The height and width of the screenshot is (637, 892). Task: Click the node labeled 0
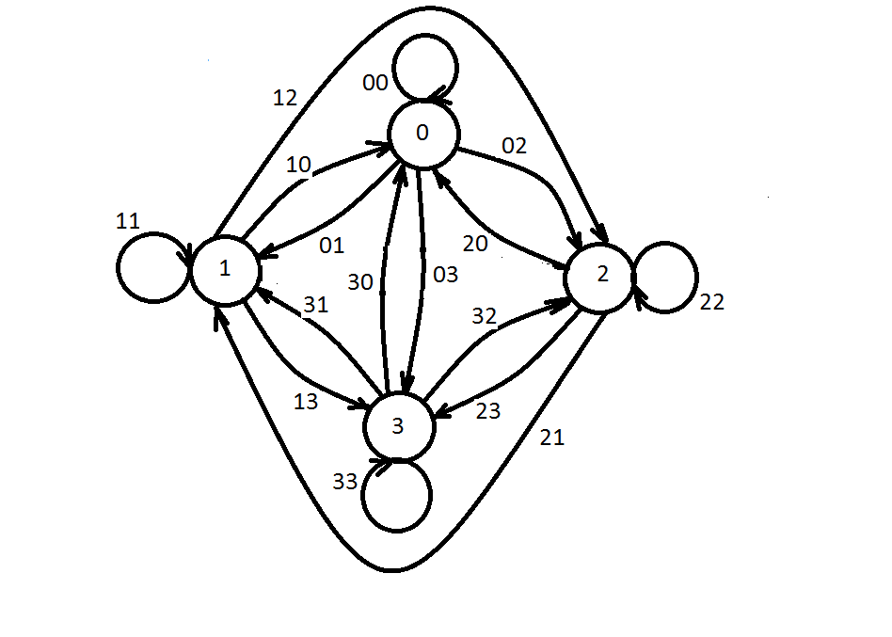[422, 133]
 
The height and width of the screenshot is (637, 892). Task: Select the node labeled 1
[225, 269]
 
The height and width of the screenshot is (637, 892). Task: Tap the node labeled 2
[600, 275]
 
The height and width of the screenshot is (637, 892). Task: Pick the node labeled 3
[398, 426]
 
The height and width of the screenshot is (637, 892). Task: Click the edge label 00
[375, 84]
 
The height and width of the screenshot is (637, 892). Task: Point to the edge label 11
[128, 222]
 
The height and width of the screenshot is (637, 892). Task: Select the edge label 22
[712, 302]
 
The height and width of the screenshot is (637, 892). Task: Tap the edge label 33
[345, 481]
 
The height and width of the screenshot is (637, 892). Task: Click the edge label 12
[286, 97]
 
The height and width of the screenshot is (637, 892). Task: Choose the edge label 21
[552, 438]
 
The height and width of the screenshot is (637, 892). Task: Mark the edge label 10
[298, 165]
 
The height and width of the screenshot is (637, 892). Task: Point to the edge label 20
[476, 244]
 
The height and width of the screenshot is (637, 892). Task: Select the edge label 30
[361, 281]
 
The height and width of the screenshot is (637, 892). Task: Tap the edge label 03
[444, 275]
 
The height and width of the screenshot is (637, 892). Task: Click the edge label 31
[315, 305]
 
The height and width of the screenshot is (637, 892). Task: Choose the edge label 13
[306, 402]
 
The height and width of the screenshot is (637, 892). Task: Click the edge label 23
[488, 410]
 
